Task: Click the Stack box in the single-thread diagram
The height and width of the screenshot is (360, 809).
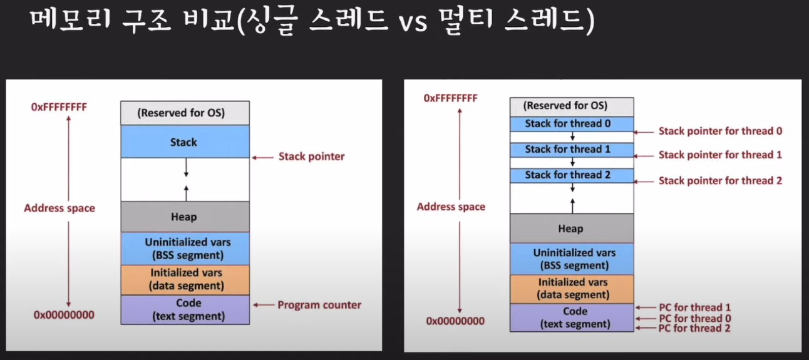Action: pyautogui.click(x=185, y=141)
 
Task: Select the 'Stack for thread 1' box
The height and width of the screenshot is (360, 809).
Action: pyautogui.click(x=572, y=150)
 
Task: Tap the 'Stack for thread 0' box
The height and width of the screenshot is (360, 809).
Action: pyautogui.click(x=572, y=124)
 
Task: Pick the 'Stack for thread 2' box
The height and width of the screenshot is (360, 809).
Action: pyautogui.click(x=572, y=175)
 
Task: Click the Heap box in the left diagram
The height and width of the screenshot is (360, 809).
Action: pyautogui.click(x=185, y=217)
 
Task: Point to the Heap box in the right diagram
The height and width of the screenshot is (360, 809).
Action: pyautogui.click(x=572, y=228)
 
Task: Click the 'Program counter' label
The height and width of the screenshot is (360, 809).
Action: pyautogui.click(x=319, y=305)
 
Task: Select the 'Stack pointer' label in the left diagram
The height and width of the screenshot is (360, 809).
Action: pyautogui.click(x=311, y=157)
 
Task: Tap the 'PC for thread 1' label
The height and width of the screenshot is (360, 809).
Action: pyautogui.click(x=694, y=307)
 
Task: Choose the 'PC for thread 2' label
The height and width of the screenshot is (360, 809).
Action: pyautogui.click(x=694, y=328)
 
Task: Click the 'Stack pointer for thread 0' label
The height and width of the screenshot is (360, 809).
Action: pyautogui.click(x=720, y=131)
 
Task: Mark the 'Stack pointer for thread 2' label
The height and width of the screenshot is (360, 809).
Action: pyautogui.click(x=720, y=180)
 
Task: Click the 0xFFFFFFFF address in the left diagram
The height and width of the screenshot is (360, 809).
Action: pyautogui.click(x=59, y=107)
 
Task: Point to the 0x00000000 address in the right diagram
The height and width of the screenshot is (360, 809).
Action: pyautogui.click(x=455, y=321)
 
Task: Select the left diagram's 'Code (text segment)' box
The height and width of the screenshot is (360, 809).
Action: pyautogui.click(x=185, y=309)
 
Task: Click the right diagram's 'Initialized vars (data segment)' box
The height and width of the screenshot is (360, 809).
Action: pyautogui.click(x=572, y=289)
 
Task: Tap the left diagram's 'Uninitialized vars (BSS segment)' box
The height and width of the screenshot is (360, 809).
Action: pyautogui.click(x=185, y=249)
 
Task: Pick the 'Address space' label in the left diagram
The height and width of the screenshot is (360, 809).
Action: pyautogui.click(x=59, y=208)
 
